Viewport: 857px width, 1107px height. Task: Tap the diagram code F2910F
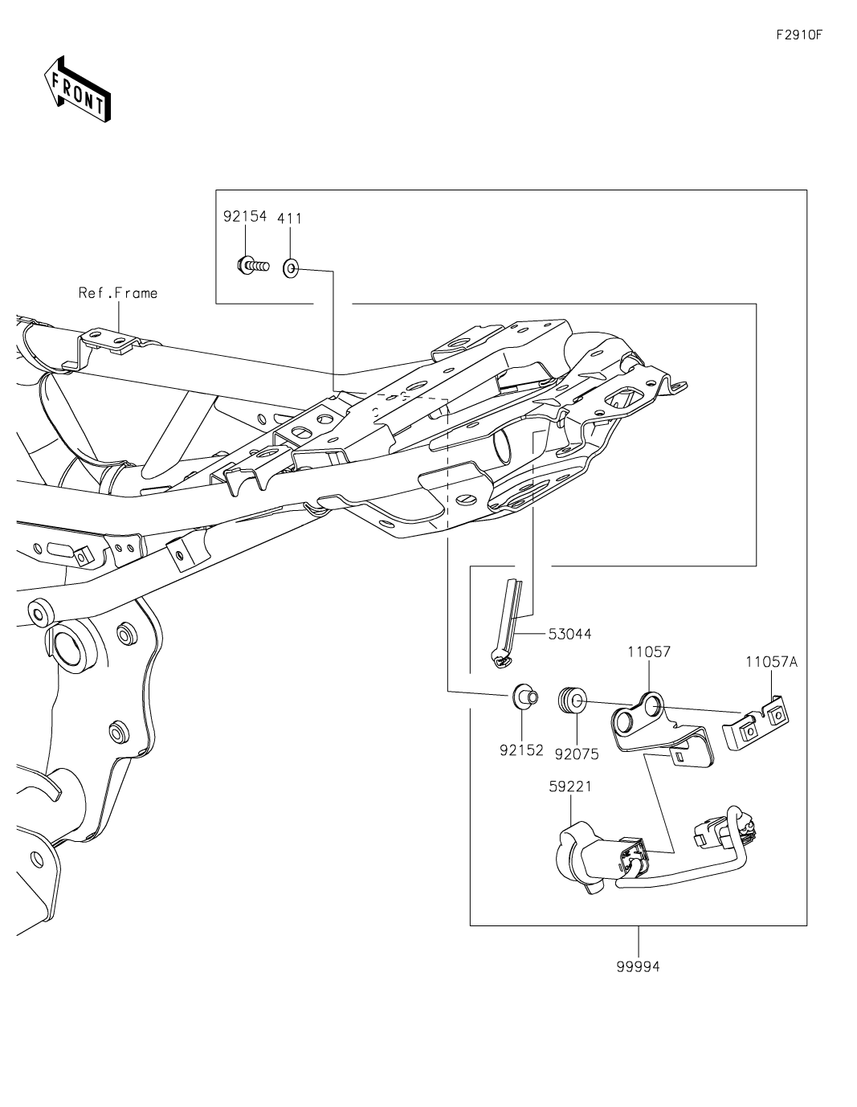pos(799,35)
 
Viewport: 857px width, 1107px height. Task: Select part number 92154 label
pos(244,217)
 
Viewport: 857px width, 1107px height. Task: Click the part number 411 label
pos(290,218)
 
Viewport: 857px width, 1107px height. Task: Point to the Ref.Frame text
pos(117,293)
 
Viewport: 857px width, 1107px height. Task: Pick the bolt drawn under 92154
pos(251,263)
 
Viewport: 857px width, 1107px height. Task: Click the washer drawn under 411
pos(291,268)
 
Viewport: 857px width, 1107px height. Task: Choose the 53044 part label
pos(569,634)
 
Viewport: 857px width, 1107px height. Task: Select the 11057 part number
pos(649,652)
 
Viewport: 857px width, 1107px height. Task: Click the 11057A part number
pos(771,662)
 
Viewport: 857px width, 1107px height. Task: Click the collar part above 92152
pos(524,695)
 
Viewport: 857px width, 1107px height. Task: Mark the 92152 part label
pos(521,750)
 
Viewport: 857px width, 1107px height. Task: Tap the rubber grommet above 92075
pos(572,699)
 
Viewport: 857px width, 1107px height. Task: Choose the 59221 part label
pos(570,786)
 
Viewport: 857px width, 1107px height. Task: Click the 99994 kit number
pos(639,967)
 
